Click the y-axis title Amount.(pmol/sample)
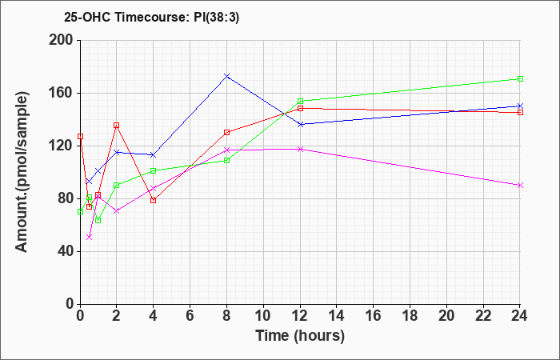coord(22,172)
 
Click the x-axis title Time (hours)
coord(300,336)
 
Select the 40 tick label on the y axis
coord(66,251)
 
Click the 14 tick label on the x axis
coord(337,316)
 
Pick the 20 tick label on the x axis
coord(446,316)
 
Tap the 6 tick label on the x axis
coord(190,316)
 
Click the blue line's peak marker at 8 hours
coord(226,76)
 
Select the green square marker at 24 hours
coord(520,78)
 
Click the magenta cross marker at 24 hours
coord(520,185)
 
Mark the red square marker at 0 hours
coord(80,137)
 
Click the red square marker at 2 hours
coord(117,126)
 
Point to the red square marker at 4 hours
coord(154,200)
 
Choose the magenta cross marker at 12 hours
coord(300,149)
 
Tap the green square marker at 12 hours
coord(300,101)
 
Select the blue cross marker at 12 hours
coord(300,124)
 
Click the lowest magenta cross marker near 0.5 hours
coord(90,237)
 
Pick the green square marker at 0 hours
coord(80,211)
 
